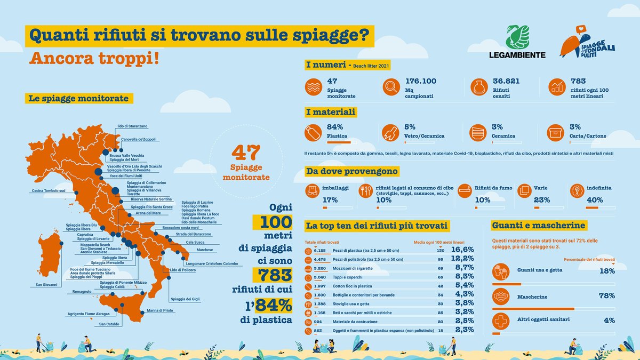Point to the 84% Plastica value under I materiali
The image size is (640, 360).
(x=334, y=127)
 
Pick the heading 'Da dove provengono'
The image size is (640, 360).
(x=351, y=172)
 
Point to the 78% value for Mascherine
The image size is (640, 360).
(x=606, y=295)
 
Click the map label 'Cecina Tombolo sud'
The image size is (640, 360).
(x=49, y=190)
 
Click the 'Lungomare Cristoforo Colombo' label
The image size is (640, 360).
(x=211, y=263)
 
